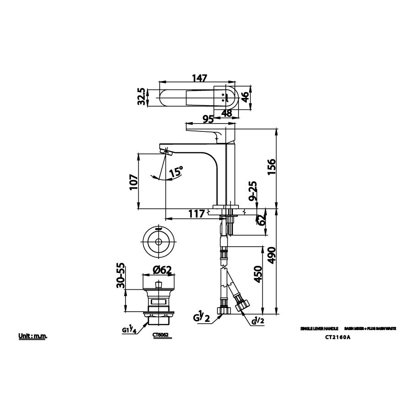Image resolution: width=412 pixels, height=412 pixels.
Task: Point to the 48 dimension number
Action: pos(226,113)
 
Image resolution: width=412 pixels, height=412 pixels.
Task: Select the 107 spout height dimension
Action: pos(133,184)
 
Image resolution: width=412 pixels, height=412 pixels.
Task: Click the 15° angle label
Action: pos(176,173)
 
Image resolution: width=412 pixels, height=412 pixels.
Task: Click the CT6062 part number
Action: pos(161,335)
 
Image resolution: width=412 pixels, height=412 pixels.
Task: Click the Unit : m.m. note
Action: pos(33,336)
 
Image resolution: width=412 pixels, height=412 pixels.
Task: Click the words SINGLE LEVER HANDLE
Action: pos(319,329)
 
